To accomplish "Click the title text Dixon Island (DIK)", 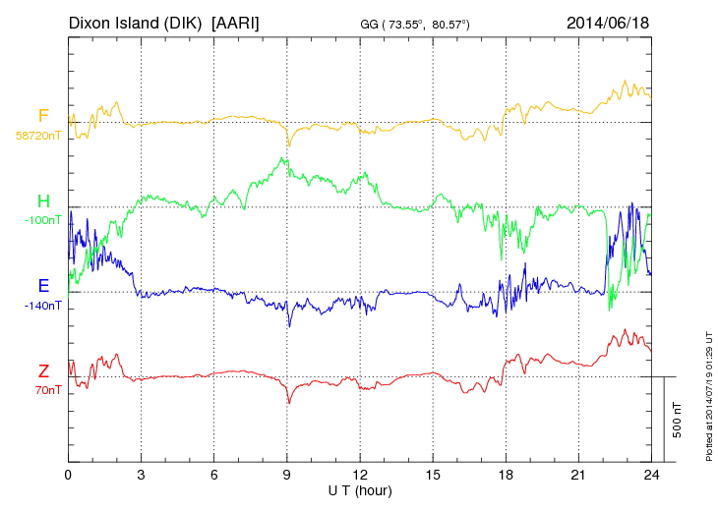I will point(136,22).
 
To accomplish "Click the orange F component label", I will point(43,116).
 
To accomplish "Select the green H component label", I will point(43,201).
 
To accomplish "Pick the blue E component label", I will point(43,286).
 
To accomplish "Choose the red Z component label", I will point(43,371).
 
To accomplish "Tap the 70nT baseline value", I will point(45,390).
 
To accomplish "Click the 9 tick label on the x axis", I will point(287,475).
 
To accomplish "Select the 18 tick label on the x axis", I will point(506,475).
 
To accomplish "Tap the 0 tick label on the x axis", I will point(69,475).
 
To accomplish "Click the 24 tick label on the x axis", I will point(651,475).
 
